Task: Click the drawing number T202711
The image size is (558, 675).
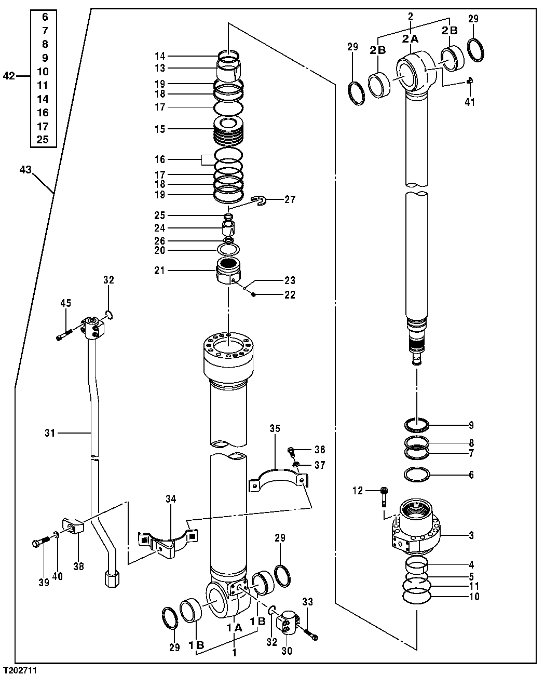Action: [x=20, y=670]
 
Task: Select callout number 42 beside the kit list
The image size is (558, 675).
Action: [x=9, y=76]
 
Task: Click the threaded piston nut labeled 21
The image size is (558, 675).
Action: [x=228, y=271]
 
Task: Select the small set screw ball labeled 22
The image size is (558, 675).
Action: [x=253, y=294]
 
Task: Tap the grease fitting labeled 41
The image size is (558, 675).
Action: [x=469, y=80]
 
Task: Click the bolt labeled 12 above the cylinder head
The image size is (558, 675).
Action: [x=384, y=496]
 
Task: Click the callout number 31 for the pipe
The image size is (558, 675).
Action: [x=50, y=432]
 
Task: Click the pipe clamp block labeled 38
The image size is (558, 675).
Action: [x=73, y=527]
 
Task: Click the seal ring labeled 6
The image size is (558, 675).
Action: [x=416, y=475]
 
